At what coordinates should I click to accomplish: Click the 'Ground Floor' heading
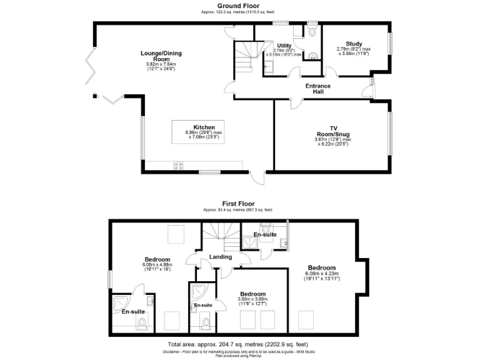coord(240,5)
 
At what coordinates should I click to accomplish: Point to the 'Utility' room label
coord(284,46)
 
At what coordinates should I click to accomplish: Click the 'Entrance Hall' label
coord(317,88)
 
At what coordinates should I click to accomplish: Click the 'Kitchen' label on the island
coord(204,127)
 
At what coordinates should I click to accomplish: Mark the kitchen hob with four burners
coord(177,166)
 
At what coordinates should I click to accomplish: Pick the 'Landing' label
coord(221,256)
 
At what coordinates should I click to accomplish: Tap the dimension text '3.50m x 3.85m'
coord(252,299)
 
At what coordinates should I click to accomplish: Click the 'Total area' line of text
coord(237,344)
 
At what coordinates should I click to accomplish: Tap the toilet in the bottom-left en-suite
coord(141,322)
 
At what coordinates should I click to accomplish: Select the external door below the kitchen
coord(256,178)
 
